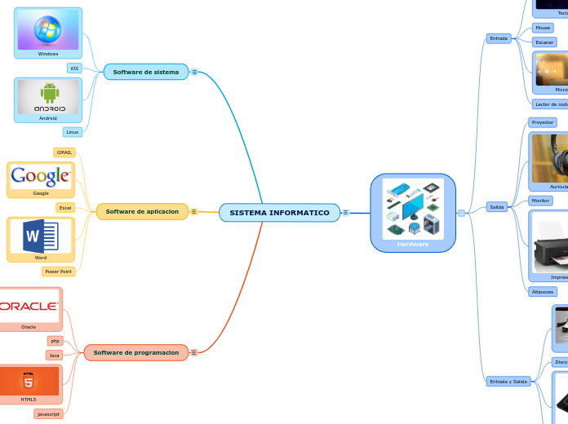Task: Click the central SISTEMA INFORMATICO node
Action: click(279, 213)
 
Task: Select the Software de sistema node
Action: click(145, 72)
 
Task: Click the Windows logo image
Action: click(48, 29)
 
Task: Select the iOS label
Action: click(74, 68)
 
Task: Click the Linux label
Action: click(73, 131)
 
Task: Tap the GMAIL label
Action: click(64, 152)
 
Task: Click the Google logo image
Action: click(41, 175)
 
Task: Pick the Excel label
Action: click(65, 208)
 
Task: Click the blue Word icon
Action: click(41, 236)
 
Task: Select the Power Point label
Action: click(58, 272)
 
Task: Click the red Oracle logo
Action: click(29, 306)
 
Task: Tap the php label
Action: click(55, 341)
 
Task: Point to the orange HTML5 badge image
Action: click(29, 381)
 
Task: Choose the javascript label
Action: click(48, 414)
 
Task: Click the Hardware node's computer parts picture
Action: click(413, 208)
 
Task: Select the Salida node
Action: click(496, 207)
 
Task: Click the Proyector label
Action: click(542, 122)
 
